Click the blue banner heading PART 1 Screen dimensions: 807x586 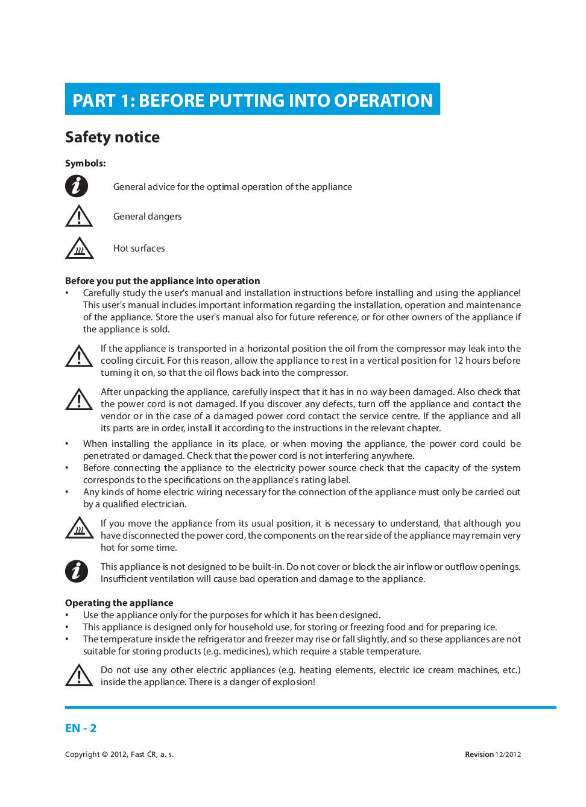point(252,100)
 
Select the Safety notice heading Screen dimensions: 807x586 point(112,137)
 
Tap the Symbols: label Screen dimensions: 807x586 point(85,163)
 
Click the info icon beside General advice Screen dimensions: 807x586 point(77,186)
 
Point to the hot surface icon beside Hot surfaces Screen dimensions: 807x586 point(78,248)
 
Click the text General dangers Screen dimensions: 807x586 point(147,217)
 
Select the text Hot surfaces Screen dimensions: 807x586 point(139,248)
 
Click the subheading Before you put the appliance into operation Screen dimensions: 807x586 point(162,280)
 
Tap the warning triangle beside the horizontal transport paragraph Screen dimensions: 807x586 point(78,356)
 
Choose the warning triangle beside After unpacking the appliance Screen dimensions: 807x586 point(78,399)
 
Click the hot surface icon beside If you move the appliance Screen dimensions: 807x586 point(78,528)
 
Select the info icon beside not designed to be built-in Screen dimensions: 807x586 point(77,571)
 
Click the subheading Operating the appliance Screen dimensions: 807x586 point(119,603)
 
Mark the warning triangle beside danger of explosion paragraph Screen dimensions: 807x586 point(78,675)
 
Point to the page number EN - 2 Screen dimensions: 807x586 point(81,728)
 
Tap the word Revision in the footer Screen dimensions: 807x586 point(479,755)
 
